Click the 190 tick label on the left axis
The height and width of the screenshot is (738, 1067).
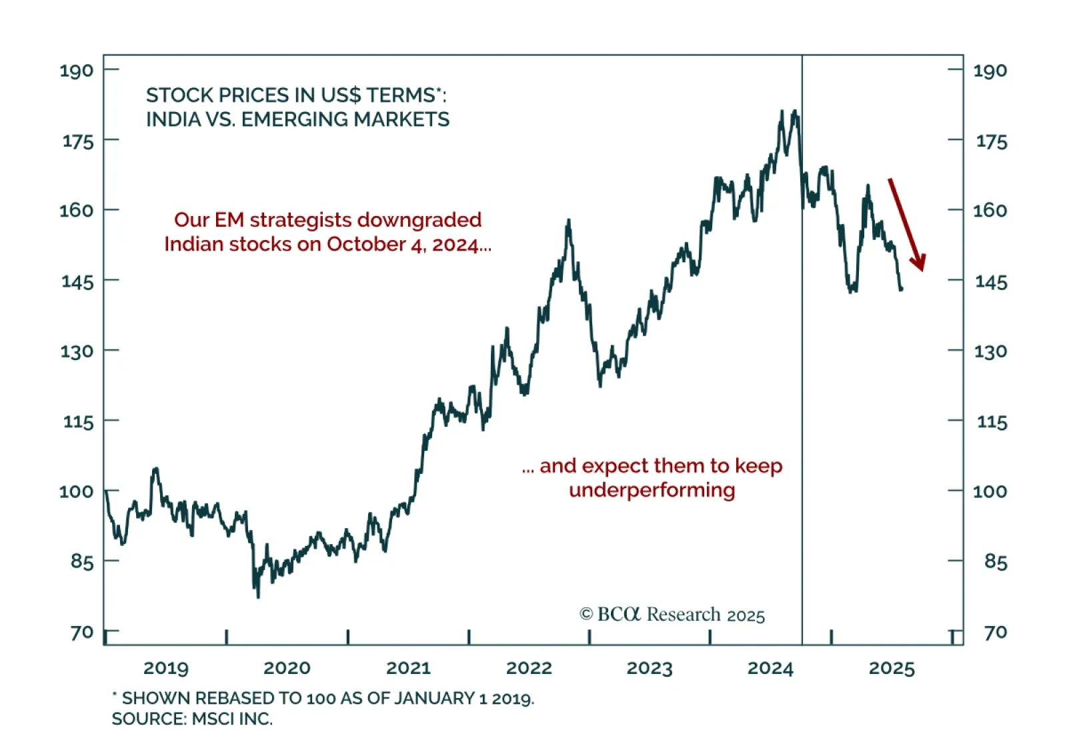[77, 71]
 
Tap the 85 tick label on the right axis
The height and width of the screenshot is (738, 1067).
[995, 561]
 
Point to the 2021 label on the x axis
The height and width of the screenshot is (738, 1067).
[408, 668]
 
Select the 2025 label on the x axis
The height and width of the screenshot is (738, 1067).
[891, 668]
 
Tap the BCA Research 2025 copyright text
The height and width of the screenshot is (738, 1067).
[672, 614]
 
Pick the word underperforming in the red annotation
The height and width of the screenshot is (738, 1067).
[652, 490]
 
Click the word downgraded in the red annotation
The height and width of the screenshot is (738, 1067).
[419, 220]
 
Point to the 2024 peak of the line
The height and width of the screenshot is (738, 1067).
[782, 111]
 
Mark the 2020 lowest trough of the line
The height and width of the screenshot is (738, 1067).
[258, 597]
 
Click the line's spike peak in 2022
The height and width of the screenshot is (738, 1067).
[568, 220]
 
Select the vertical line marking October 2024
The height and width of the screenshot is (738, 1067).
[802, 400]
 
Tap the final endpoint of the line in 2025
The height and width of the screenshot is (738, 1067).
[902, 289]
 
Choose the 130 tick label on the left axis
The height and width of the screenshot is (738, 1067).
[77, 351]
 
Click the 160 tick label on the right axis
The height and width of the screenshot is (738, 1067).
[990, 211]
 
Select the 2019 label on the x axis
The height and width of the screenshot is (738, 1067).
[166, 668]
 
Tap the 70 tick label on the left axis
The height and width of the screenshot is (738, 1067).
[82, 632]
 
